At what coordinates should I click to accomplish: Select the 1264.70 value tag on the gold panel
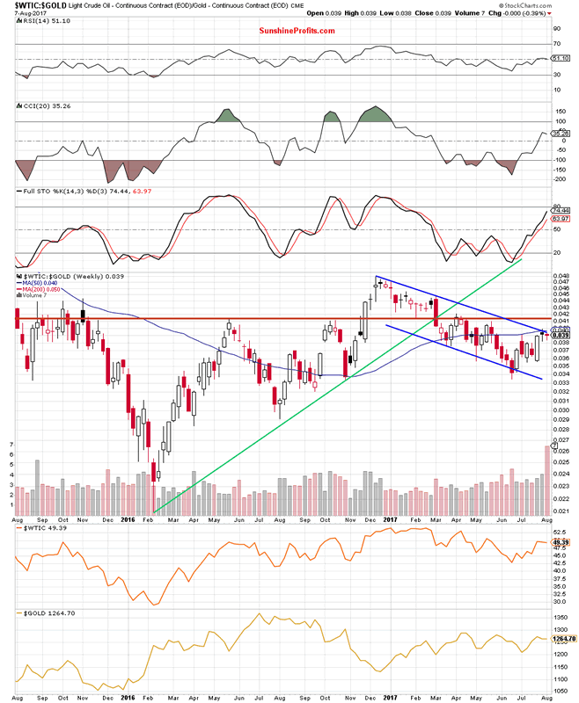coord(561,640)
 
